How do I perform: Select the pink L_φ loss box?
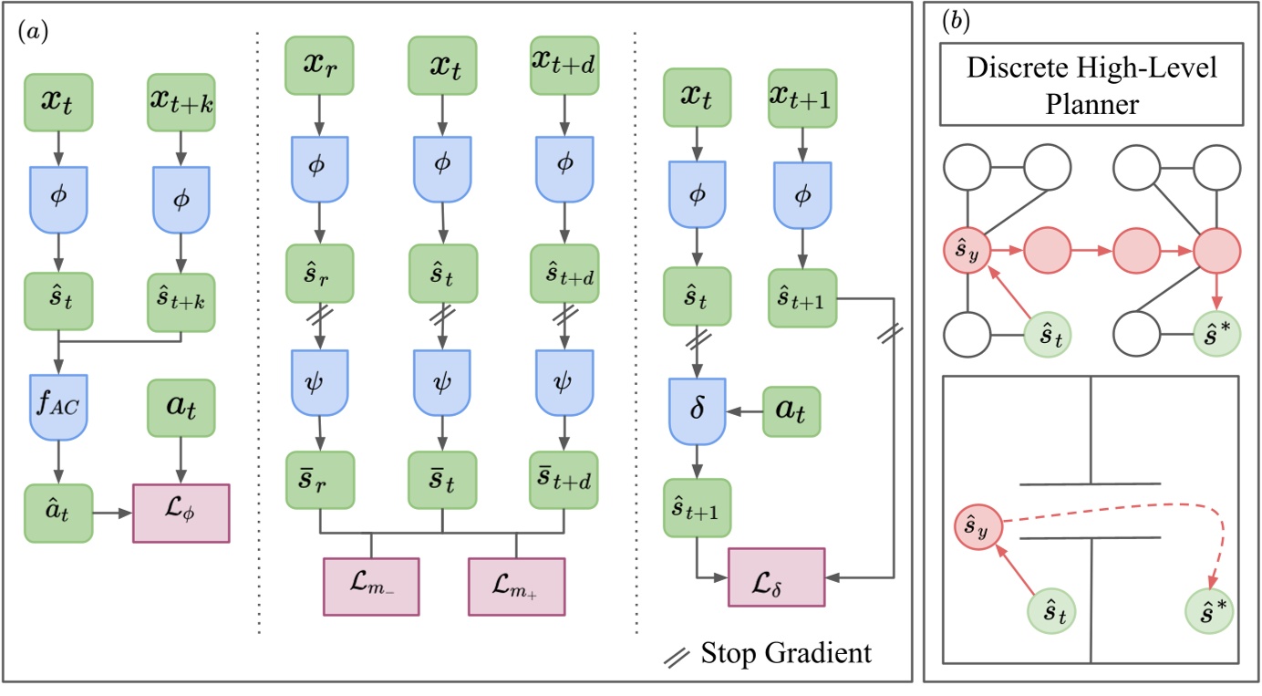point(181,514)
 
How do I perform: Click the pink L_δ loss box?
point(776,577)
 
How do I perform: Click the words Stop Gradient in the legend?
point(786,653)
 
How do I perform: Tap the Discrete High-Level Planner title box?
point(1093,83)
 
